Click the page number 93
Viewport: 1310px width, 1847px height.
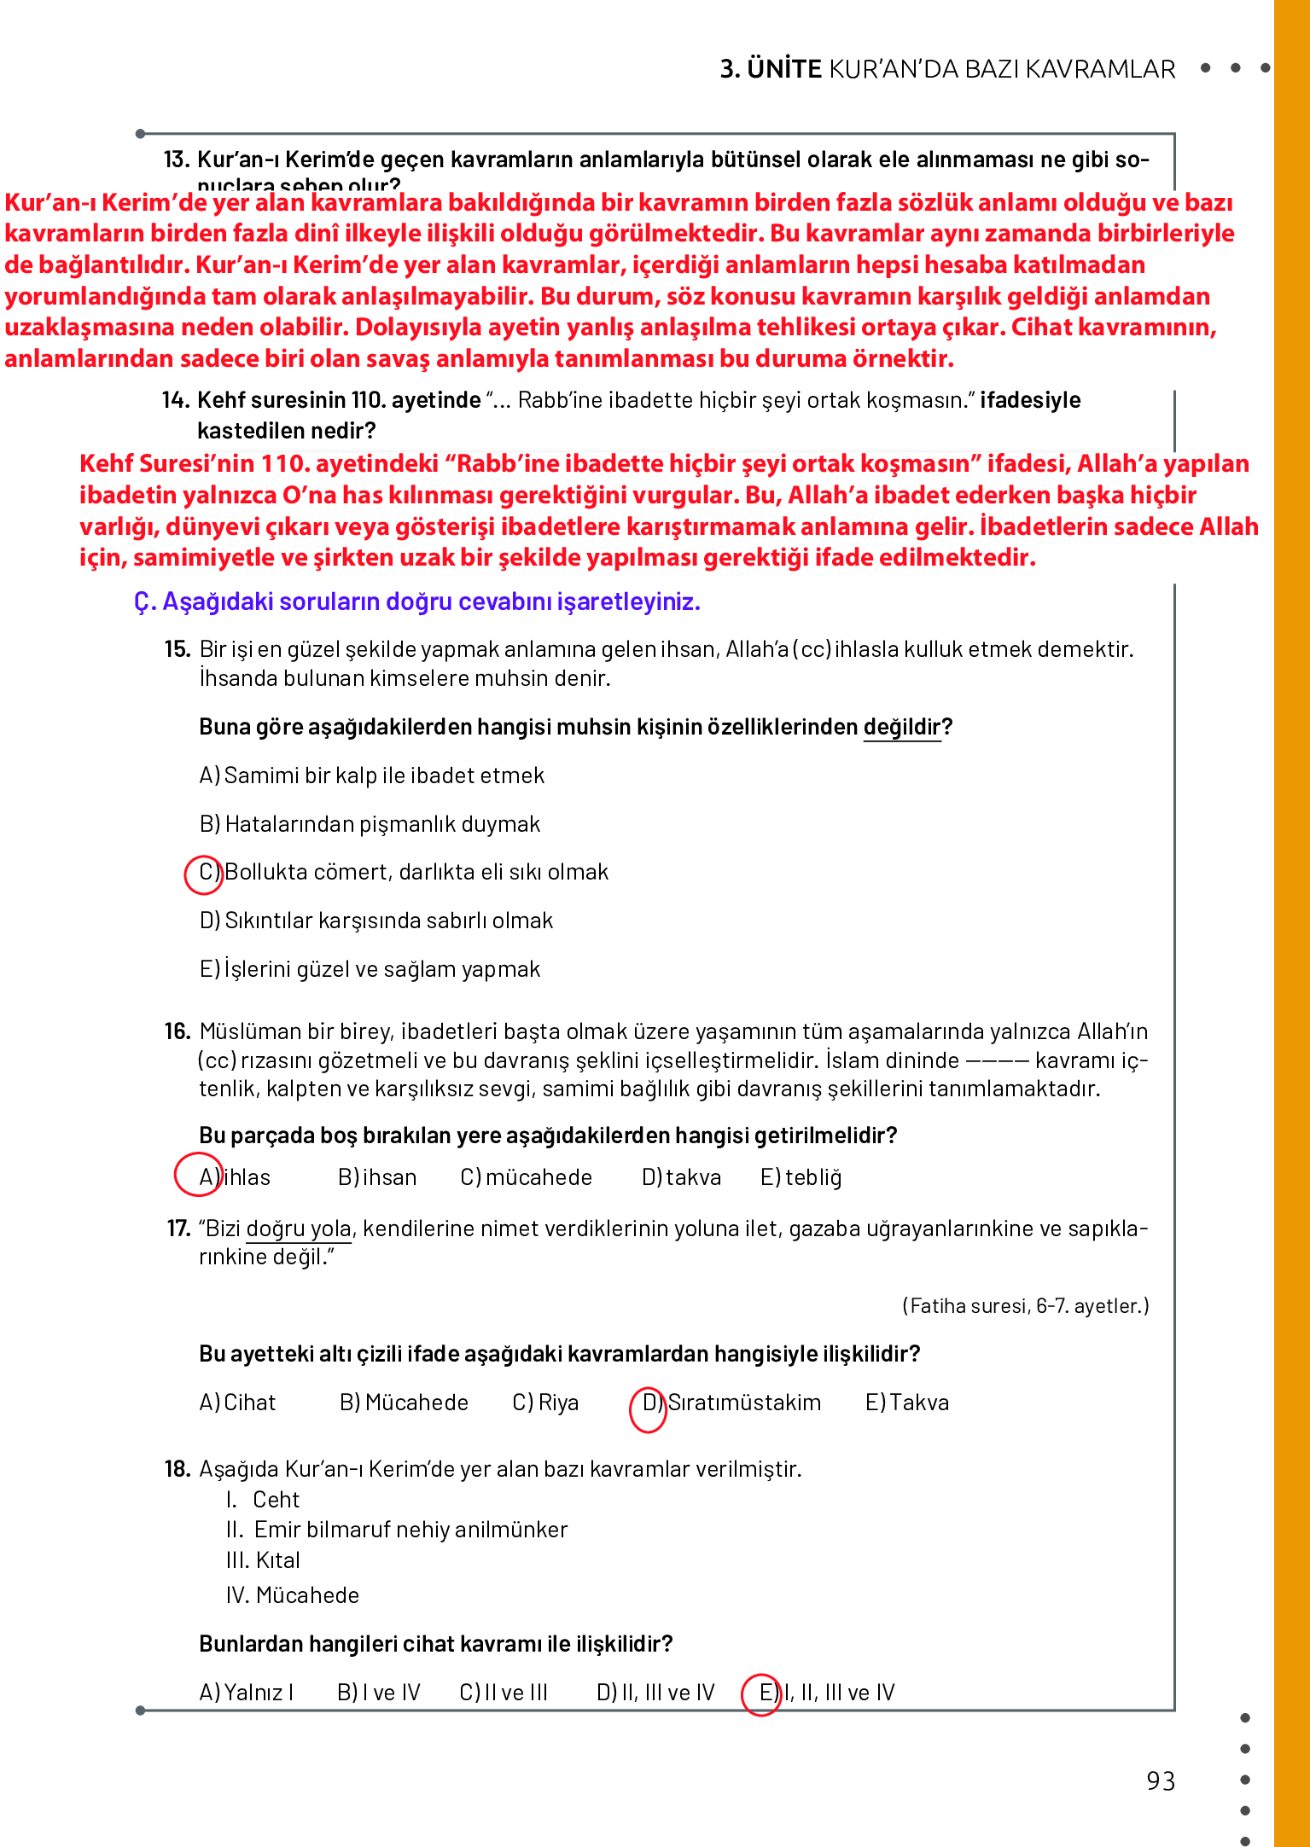tap(1161, 1781)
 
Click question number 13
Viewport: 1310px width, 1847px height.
tap(176, 160)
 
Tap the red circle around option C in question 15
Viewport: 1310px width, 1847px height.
tap(204, 874)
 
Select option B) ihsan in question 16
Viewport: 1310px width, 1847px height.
tap(377, 1177)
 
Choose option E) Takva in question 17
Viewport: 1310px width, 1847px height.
tap(906, 1403)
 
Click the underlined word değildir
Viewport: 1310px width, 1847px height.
tap(901, 727)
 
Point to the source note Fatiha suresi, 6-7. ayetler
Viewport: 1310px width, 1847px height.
tap(1025, 1305)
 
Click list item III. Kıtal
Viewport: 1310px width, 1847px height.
tap(263, 1560)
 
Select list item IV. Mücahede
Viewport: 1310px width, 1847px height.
tap(293, 1595)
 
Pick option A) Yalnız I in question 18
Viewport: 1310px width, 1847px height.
tap(246, 1693)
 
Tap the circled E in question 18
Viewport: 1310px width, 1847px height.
tap(762, 1693)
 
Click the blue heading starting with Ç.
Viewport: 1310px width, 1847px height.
tap(416, 602)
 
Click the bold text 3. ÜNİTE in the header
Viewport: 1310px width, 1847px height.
tap(770, 69)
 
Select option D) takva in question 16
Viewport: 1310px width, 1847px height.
tap(681, 1177)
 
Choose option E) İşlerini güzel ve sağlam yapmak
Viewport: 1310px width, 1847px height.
tap(370, 969)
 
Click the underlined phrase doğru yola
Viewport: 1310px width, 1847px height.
tap(299, 1228)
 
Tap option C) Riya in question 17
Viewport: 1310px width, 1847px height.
tap(545, 1403)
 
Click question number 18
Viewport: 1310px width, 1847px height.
tap(177, 1469)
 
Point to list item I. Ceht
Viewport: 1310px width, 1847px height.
tap(264, 1500)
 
